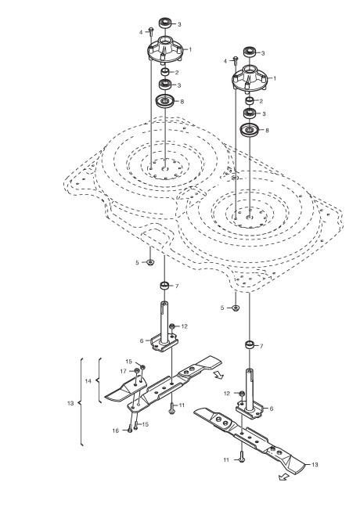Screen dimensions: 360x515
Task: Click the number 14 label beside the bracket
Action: click(88, 381)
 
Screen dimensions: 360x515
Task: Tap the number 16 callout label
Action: click(115, 430)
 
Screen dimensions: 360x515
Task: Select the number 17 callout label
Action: click(123, 371)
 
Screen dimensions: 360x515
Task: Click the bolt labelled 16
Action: click(130, 429)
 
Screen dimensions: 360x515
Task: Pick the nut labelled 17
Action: click(137, 371)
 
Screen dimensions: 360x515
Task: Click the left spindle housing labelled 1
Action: click(164, 49)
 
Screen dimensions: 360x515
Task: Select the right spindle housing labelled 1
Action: click(250, 78)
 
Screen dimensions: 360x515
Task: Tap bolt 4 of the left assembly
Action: click(151, 32)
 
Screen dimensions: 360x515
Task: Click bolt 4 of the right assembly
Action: click(236, 61)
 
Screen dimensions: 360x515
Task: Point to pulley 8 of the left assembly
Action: click(165, 101)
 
